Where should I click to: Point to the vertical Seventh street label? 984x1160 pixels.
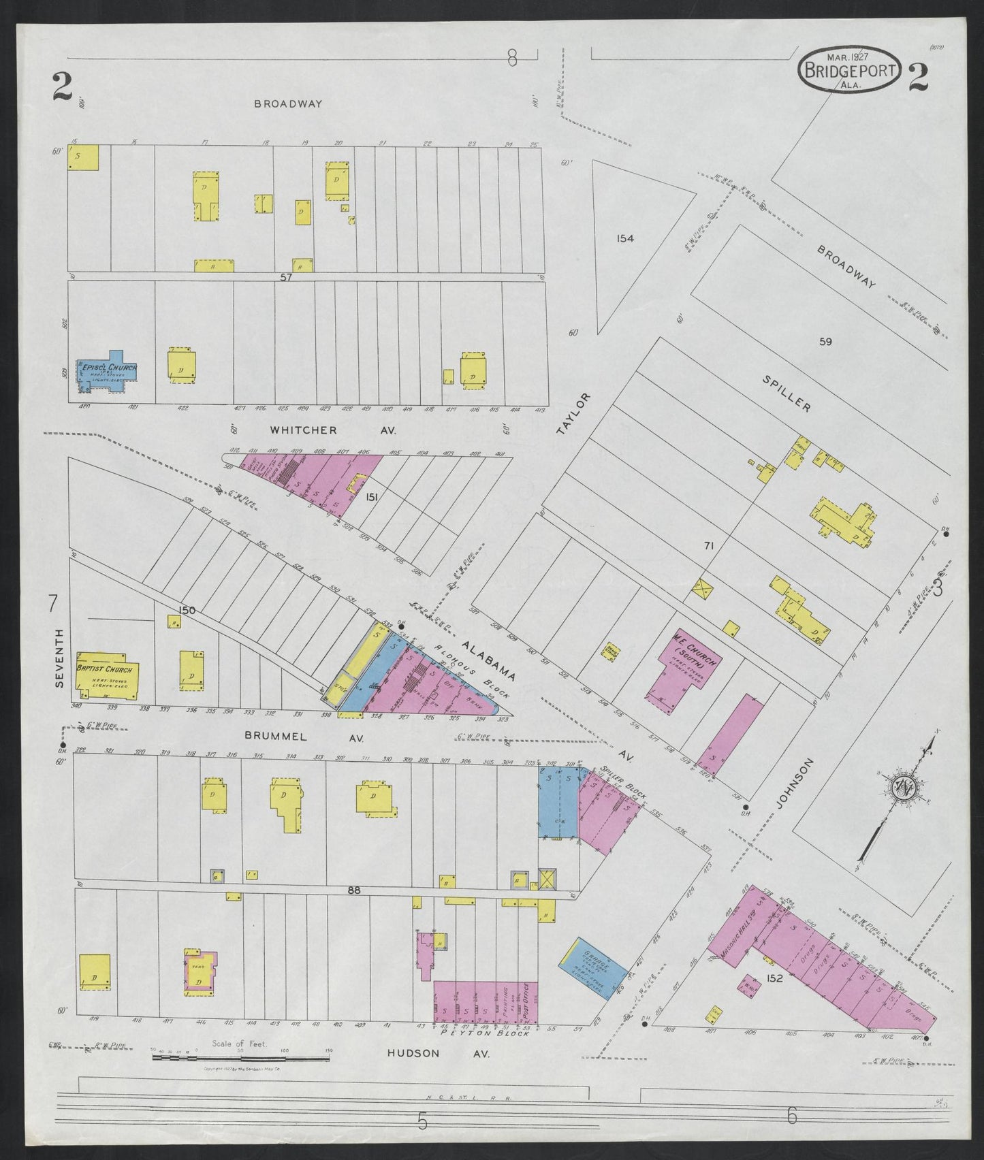pos(59,658)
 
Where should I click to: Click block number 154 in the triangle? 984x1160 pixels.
pos(624,238)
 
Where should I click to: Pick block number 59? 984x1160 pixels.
pos(825,342)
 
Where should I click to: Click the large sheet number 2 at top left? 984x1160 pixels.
pos(63,87)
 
